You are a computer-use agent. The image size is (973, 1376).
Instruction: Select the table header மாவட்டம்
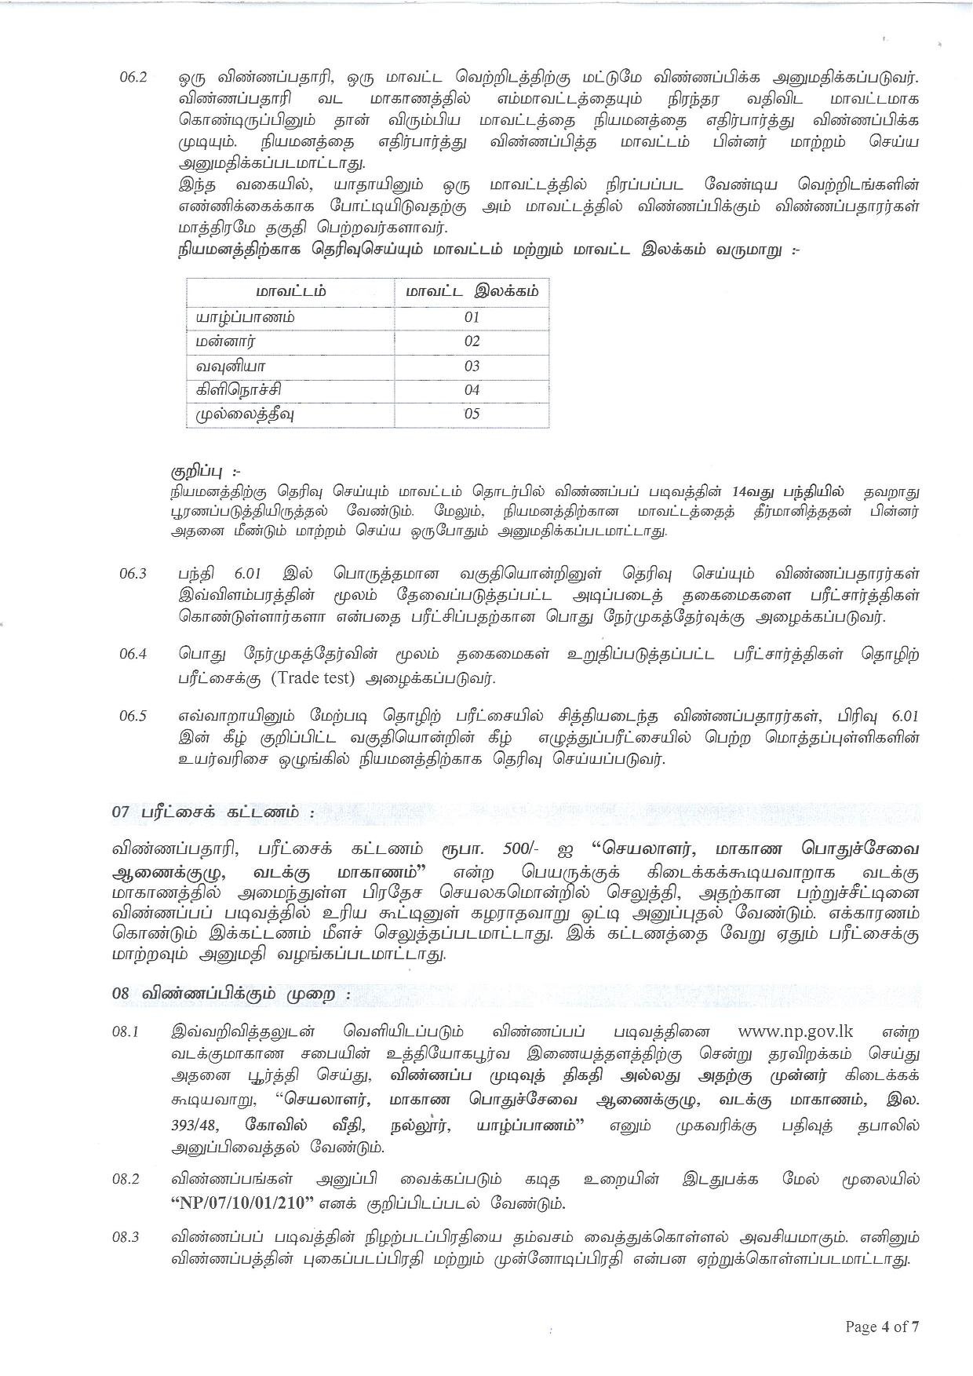(x=291, y=292)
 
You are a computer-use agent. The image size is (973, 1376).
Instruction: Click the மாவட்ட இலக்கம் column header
(x=472, y=292)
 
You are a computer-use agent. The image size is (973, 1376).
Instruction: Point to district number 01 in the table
(x=472, y=317)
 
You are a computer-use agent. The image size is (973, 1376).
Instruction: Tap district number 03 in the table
(x=472, y=366)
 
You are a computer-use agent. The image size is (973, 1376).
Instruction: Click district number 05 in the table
(x=472, y=414)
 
